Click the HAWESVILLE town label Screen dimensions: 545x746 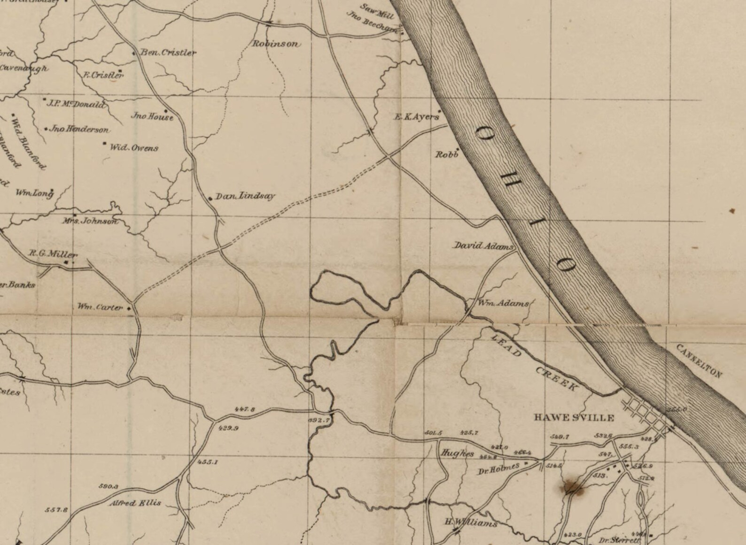574,417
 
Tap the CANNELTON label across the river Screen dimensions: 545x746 699,361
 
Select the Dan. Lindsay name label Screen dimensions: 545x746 245,196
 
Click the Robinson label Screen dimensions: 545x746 276,44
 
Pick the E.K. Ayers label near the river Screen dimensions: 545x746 416,117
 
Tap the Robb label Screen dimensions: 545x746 446,154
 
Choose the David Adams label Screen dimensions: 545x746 483,246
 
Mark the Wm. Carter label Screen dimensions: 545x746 100,307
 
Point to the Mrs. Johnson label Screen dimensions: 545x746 90,221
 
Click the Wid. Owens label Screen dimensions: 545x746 134,148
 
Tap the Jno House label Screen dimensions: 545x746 152,116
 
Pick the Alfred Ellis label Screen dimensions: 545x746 135,503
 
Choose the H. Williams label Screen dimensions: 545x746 471,523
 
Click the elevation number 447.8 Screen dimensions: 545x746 244,409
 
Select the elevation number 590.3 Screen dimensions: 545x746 108,486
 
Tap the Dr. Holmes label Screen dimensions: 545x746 498,468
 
